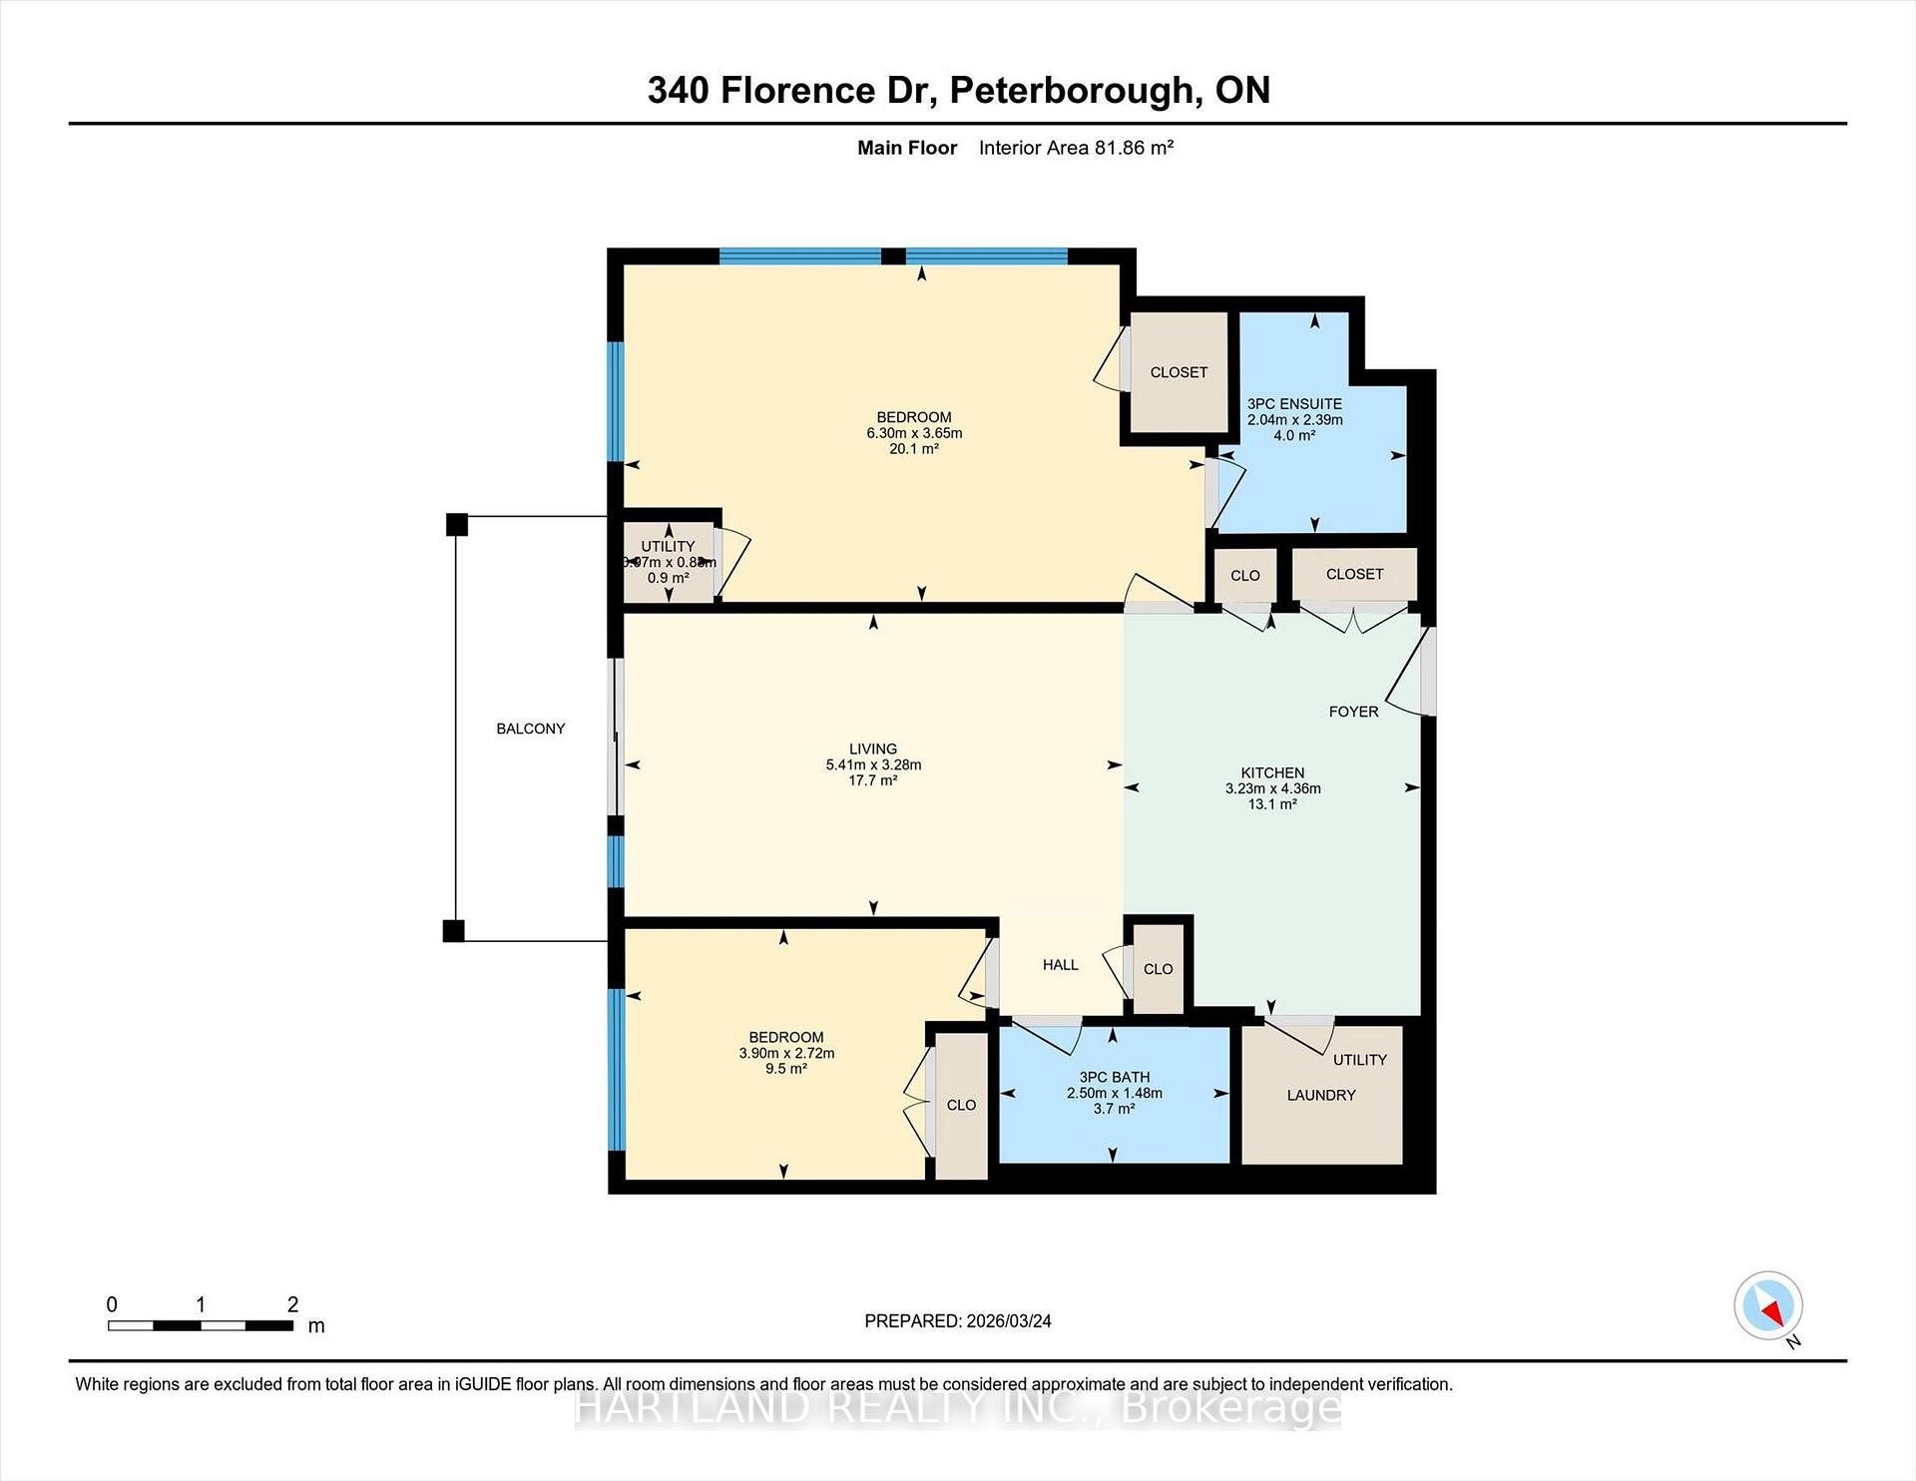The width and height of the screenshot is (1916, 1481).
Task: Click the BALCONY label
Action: coord(530,729)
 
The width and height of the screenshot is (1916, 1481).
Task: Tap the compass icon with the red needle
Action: coord(1768,1305)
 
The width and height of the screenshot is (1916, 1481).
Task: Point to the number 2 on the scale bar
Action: coord(292,1304)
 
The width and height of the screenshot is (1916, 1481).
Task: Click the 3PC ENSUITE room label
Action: coord(1294,404)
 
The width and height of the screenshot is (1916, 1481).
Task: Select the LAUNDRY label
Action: coord(1320,1095)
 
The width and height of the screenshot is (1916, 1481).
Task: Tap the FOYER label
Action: coord(1353,712)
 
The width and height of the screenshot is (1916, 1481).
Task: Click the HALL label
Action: coord(1060,964)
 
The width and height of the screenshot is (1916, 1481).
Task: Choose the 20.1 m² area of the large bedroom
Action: coord(913,449)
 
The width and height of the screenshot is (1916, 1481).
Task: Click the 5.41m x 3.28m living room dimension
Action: coord(873,764)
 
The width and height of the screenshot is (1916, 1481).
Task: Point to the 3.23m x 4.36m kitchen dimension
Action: coord(1272,788)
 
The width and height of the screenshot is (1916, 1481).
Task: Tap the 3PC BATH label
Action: coord(1114,1077)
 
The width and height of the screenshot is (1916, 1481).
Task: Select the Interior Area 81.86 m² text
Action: coord(1076,148)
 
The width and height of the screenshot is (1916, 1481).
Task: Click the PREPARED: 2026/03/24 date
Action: coord(957,1320)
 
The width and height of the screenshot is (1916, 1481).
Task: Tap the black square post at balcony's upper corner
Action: coord(456,524)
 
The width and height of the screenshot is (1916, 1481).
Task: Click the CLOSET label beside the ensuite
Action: coord(1179,372)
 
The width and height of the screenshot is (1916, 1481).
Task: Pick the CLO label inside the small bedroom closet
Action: coord(961,1105)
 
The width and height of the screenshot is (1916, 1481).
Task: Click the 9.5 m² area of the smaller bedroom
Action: coord(785,1069)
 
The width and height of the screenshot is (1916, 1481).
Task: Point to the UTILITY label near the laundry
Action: coord(1359,1060)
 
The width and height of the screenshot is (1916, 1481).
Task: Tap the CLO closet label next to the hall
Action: coord(1158,969)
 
